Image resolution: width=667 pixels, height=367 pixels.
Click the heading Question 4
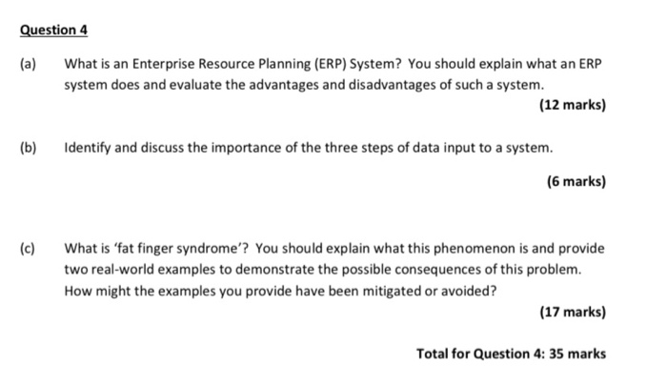point(53,30)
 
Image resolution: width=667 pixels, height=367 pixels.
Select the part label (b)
point(29,149)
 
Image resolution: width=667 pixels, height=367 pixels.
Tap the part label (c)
point(29,249)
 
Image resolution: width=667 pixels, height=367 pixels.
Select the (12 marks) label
point(572,105)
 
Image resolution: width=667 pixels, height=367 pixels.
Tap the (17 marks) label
point(572,312)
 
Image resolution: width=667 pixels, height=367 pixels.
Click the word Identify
point(88,149)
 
